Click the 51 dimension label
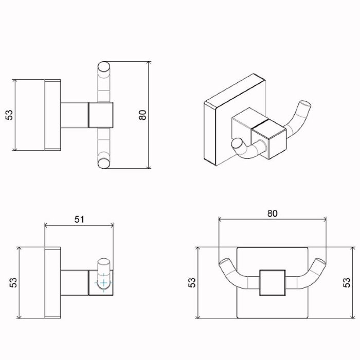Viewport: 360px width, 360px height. (x=79, y=219)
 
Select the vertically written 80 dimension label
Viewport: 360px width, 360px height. (x=142, y=115)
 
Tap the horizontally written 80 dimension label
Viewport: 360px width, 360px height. (x=272, y=213)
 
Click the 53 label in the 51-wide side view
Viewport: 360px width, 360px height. (x=13, y=282)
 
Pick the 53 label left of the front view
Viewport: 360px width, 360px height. (x=192, y=282)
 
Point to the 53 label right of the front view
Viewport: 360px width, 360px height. (x=347, y=282)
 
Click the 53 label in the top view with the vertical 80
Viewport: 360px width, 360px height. (x=9, y=115)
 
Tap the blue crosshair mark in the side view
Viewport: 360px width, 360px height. (x=104, y=283)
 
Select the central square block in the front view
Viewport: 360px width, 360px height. (x=273, y=282)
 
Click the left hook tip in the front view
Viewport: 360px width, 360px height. (x=225, y=261)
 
